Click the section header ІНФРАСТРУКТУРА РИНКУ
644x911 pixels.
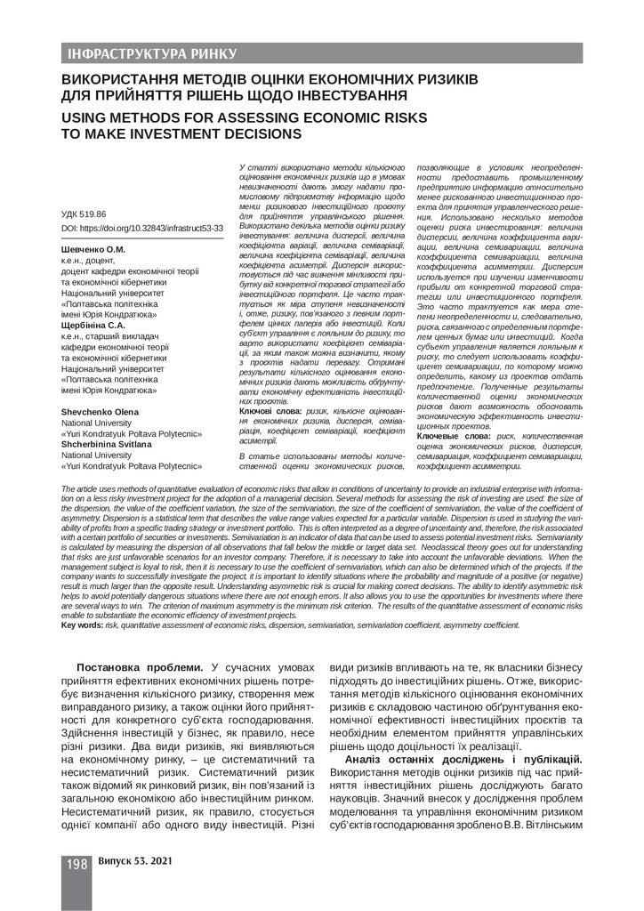[x=152, y=53]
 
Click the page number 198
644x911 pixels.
[x=74, y=864]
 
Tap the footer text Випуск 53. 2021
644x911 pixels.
[x=135, y=863]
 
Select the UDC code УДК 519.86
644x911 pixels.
[x=83, y=215]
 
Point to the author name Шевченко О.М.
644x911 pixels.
[x=93, y=250]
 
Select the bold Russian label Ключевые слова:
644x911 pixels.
[x=454, y=437]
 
